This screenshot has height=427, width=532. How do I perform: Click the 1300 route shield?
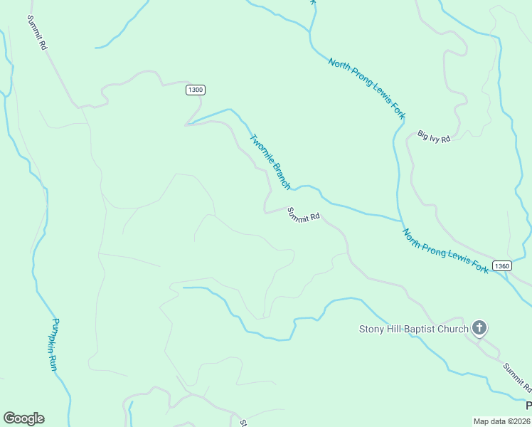coord(196,90)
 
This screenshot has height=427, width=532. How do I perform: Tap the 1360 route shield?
coord(501,265)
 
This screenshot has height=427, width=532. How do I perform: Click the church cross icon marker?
coord(479,328)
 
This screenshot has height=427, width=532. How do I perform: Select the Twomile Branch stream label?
coord(270,162)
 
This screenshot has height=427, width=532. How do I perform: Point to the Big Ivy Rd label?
coord(434,136)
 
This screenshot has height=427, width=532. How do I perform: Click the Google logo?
coord(23,418)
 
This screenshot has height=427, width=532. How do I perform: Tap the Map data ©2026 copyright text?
coord(502,421)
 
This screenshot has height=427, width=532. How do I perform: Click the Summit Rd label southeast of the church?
coord(517,377)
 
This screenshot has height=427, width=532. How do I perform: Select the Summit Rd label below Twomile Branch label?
coord(304,215)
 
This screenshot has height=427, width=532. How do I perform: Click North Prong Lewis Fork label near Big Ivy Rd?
coord(367,88)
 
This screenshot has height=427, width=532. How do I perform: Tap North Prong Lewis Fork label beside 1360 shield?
coord(445,251)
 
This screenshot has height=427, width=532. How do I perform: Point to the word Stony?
coord(372,329)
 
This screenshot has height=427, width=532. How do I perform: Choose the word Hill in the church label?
coord(395,329)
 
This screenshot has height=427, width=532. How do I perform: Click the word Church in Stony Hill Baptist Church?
coord(453,329)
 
